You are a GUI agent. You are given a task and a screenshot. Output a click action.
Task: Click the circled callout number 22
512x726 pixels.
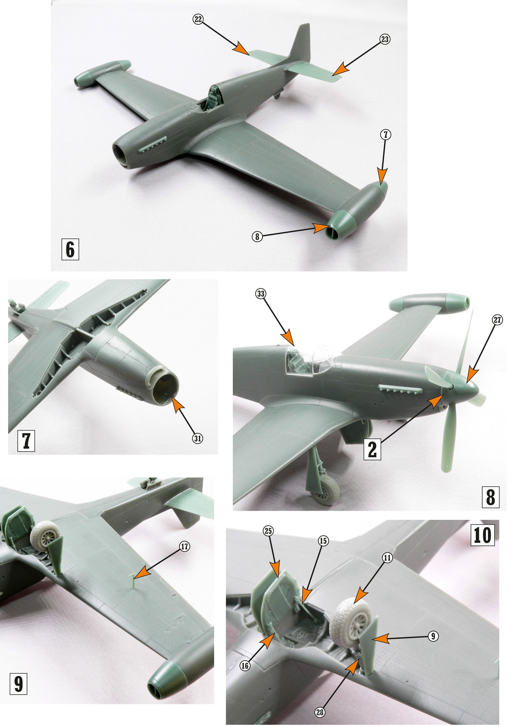coord(198,19)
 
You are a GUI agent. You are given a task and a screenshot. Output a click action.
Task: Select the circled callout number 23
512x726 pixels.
coord(384,39)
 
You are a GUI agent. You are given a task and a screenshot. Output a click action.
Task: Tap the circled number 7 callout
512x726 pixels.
coord(385,135)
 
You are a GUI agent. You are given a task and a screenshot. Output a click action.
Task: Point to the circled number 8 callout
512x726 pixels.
coord(257,236)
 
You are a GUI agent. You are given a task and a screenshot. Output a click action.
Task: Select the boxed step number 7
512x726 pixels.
coord(26,441)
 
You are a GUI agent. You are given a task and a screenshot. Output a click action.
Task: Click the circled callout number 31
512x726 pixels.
coord(198,438)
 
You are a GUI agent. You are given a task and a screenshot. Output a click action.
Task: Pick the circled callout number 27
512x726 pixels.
coord(497,320)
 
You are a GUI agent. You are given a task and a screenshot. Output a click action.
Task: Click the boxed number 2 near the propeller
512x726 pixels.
coord(372,449)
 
